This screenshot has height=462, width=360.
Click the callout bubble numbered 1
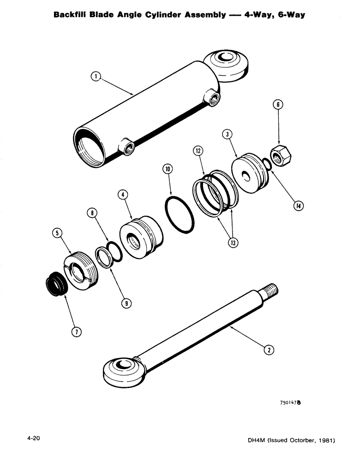point(95,77)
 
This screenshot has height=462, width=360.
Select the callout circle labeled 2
point(267,350)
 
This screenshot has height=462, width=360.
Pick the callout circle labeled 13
point(234,242)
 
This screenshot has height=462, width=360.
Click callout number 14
point(298,206)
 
